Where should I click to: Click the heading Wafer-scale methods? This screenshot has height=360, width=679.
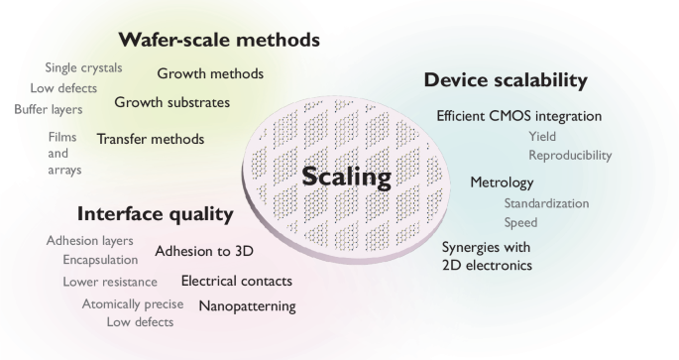click(219, 41)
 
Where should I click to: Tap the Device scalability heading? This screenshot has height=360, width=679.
click(506, 79)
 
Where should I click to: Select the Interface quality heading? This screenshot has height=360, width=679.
click(155, 214)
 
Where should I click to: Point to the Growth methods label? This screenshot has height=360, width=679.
click(210, 73)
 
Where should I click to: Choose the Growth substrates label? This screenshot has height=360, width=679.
click(171, 102)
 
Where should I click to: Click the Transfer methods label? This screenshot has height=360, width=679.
click(150, 139)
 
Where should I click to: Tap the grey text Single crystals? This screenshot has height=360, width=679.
click(83, 67)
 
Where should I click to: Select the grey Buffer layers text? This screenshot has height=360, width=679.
click(48, 108)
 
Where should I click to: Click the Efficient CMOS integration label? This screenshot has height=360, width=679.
click(518, 116)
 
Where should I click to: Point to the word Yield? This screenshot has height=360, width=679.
click(542, 137)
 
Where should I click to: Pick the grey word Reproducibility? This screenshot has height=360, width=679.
click(570, 156)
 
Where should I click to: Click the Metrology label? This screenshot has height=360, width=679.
click(502, 182)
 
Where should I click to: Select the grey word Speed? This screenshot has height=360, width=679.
click(520, 222)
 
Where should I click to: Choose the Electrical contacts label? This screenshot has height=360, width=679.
click(237, 281)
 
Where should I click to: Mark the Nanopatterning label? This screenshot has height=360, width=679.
click(248, 305)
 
